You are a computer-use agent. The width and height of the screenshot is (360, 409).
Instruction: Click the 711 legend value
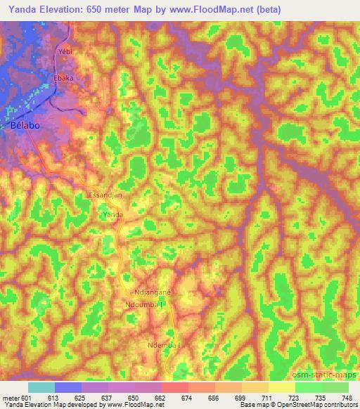point(269,397)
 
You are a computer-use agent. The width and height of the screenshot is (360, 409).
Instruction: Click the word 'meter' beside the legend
point(10,397)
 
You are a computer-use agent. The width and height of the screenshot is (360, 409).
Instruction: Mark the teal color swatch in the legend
point(41,387)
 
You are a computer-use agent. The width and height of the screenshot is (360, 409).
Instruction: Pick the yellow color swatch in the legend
point(282,387)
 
